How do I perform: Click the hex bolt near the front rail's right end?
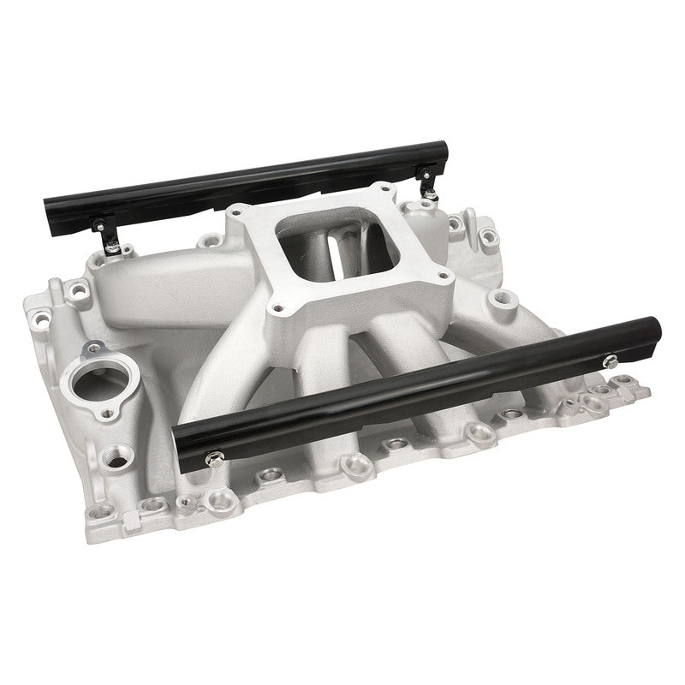pos(612,360)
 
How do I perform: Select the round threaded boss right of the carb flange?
pos(499,300)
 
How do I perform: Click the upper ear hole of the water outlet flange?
pos(92,346)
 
